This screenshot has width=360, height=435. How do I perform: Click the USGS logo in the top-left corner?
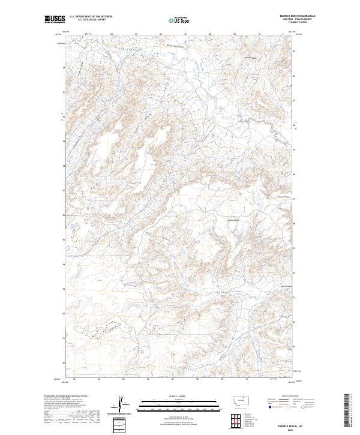[55, 20]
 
